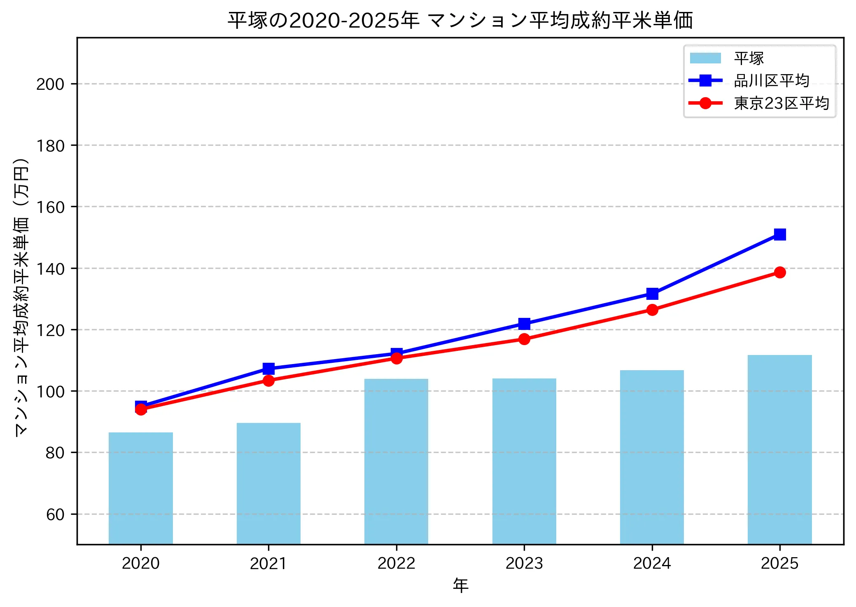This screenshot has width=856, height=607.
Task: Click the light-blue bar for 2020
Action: pyautogui.click(x=141, y=488)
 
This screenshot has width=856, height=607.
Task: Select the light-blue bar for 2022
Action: pyautogui.click(x=396, y=461)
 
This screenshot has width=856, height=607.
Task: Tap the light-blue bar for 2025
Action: pyautogui.click(x=779, y=449)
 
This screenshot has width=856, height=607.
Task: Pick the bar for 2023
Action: pyautogui.click(x=524, y=461)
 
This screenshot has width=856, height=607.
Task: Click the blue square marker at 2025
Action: pyautogui.click(x=779, y=234)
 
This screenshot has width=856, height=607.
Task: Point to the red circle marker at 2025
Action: pyautogui.click(x=779, y=272)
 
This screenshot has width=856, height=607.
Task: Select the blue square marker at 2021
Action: pyautogui.click(x=268, y=368)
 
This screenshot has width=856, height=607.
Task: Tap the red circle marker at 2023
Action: pyautogui.click(x=524, y=339)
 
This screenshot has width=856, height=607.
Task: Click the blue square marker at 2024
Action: pyautogui.click(x=652, y=294)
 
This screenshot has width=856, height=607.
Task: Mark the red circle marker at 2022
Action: pyautogui.click(x=396, y=358)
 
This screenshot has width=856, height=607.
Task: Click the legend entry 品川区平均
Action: pyautogui.click(x=771, y=81)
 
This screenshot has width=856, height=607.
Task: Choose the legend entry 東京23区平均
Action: pyautogui.click(x=781, y=103)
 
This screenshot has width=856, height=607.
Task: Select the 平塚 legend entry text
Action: pyautogui.click(x=749, y=58)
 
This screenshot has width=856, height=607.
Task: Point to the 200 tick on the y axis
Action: pyautogui.click(x=50, y=84)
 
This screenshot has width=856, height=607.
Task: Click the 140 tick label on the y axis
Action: pyautogui.click(x=50, y=269)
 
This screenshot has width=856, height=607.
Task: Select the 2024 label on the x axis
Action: pyautogui.click(x=652, y=563)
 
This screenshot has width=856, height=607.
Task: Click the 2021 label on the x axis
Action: pyautogui.click(x=268, y=563)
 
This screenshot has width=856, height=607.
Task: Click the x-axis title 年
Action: pyautogui.click(x=460, y=585)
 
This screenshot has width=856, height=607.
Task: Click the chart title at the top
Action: pyautogui.click(x=460, y=20)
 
